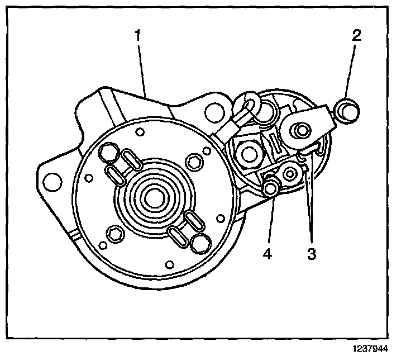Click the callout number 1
137,36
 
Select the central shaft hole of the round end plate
152,196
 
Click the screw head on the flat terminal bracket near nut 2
302,131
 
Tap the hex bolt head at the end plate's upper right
195,162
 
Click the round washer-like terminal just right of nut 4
290,173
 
